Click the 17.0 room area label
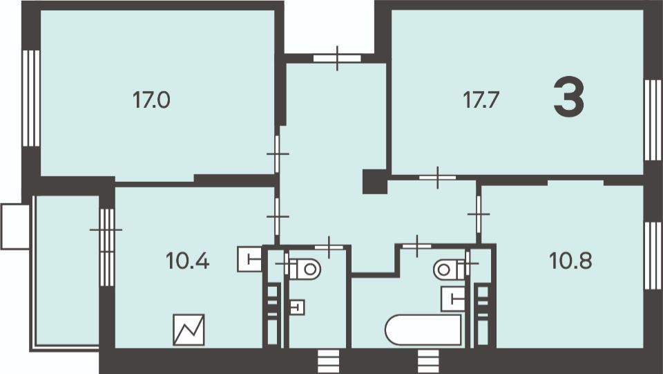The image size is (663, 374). [x=151, y=100]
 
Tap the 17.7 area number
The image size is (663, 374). [x=481, y=100]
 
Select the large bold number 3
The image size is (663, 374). [x=568, y=97]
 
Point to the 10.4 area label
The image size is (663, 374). [x=187, y=261]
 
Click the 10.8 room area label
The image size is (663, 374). [x=570, y=261]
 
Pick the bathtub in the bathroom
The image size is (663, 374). [x=423, y=330]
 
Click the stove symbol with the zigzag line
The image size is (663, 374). [x=189, y=330]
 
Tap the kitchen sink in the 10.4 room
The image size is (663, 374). [x=251, y=259]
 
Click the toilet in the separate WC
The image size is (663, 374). [x=305, y=269]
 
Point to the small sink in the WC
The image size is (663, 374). [x=298, y=307]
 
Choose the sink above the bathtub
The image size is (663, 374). [x=453, y=299]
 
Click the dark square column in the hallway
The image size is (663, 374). [x=374, y=182]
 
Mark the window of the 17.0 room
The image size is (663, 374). [x=31, y=98]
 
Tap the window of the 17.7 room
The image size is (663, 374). [x=653, y=120]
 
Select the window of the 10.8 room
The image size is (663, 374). [x=653, y=256]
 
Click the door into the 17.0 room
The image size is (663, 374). [x=278, y=154]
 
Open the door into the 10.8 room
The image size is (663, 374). [x=479, y=214]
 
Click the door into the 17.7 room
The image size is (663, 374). [x=438, y=178]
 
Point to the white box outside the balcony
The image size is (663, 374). [x=15, y=227]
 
